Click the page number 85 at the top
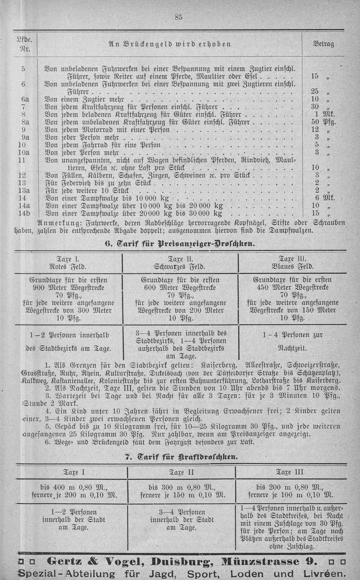click(x=178, y=18)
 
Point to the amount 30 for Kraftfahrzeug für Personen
click(x=315, y=107)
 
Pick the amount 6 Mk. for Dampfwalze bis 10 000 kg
click(x=324, y=198)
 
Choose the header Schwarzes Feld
click(x=180, y=266)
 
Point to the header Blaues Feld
click(x=292, y=266)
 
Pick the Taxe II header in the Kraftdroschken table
click(x=181, y=472)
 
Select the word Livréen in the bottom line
click(x=322, y=573)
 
